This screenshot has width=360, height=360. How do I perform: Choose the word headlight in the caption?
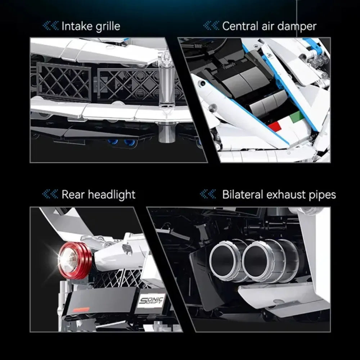[x=112, y=195]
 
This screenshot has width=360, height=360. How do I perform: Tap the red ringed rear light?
[x=75, y=261]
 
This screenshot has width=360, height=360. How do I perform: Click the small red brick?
[x=274, y=126]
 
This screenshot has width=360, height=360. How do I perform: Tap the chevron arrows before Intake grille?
[x=50, y=26]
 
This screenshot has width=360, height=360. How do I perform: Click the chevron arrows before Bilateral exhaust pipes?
[x=208, y=194]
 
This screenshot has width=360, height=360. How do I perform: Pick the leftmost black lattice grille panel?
[x=64, y=82]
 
